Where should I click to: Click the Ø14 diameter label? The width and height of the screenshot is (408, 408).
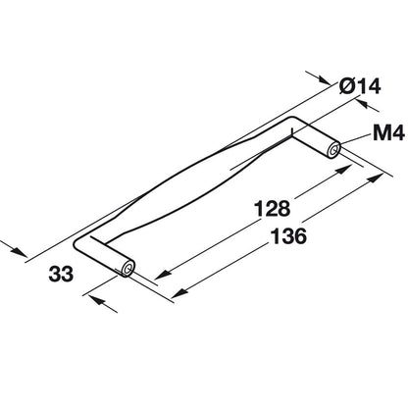(360, 86)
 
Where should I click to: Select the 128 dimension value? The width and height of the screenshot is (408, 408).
(273, 209)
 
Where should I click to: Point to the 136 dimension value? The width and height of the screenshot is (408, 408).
(289, 236)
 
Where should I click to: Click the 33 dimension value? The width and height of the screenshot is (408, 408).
(61, 274)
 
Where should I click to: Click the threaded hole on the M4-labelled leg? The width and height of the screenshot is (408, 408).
(333, 151)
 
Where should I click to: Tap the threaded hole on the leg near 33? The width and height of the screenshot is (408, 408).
(127, 269)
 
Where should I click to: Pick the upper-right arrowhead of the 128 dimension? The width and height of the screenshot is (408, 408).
(343, 170)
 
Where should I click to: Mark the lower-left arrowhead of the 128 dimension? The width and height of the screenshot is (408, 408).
(163, 275)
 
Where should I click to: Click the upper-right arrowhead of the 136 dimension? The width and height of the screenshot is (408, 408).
(375, 178)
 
